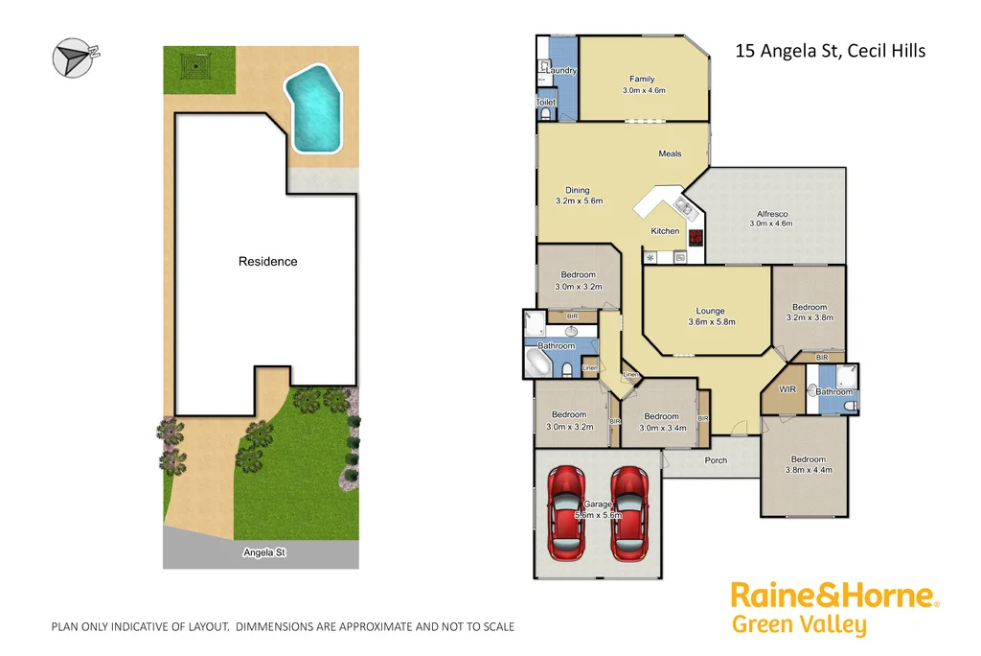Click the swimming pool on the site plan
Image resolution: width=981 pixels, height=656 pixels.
pos(314,105)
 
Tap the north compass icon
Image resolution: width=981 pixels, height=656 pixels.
pos(72,57)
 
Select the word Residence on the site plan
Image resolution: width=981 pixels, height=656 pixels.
pos(267,262)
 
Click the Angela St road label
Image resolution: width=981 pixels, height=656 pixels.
pos(264,553)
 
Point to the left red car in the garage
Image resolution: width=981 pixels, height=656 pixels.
pos(566,510)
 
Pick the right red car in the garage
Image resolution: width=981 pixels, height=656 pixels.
pos(629,510)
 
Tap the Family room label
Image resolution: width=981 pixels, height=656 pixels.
pos(641,79)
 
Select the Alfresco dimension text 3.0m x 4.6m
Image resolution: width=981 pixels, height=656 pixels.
pos(770,223)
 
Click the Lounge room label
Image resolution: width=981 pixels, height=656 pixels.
pos(710,311)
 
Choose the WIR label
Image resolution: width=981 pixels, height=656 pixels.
pos(787,389)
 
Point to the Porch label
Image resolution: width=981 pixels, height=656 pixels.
pos(716,460)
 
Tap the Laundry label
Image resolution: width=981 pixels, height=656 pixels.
pos(561,70)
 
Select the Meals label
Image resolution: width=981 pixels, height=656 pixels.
pos(670,153)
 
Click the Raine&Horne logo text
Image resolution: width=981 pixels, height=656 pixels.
pos(832,595)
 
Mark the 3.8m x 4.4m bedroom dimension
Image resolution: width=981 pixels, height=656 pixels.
pos(808,470)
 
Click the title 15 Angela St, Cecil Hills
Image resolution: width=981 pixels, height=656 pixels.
pos(830,51)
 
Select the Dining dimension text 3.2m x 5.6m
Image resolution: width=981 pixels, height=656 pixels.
pos(577,201)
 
